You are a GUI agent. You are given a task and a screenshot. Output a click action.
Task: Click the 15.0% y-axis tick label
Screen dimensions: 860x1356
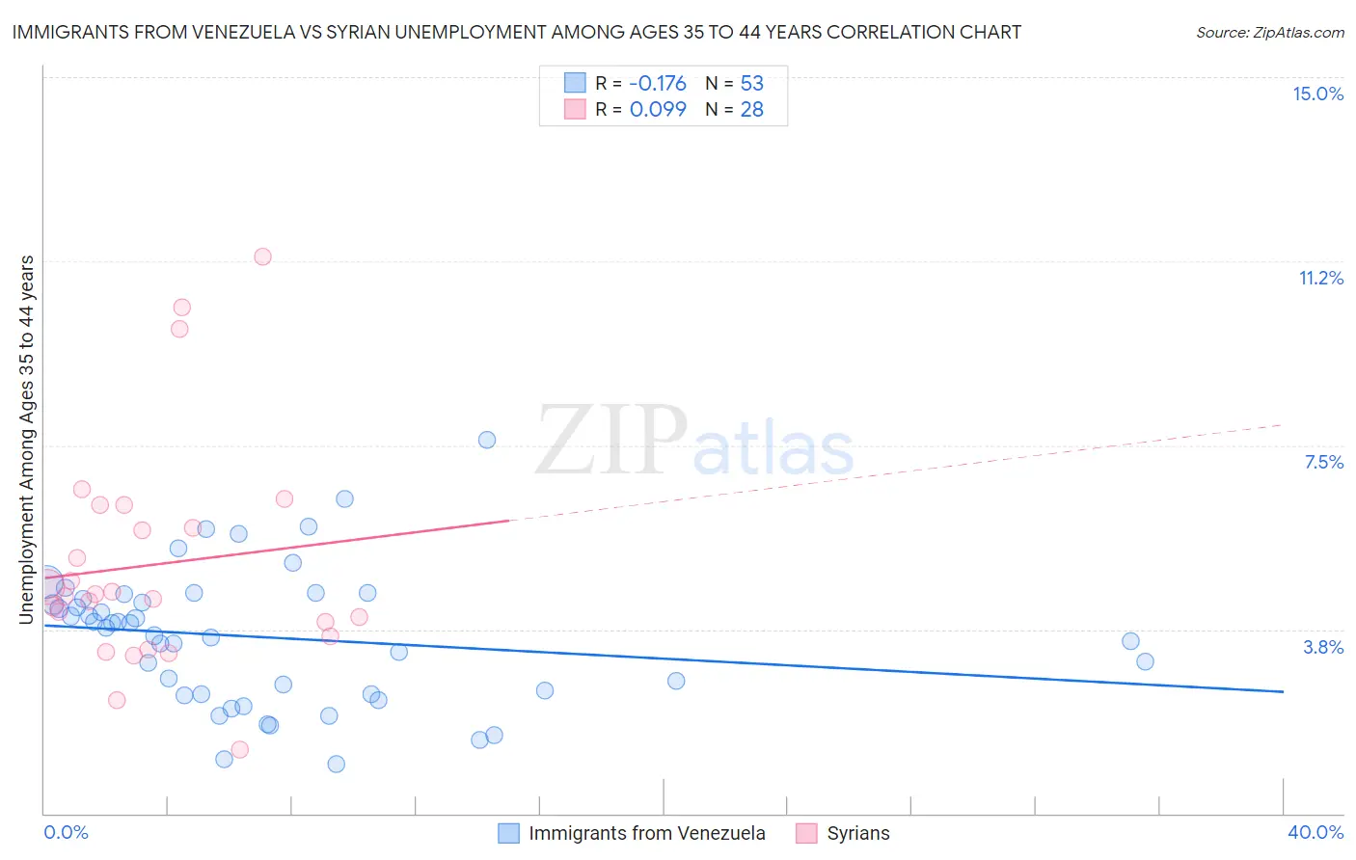(x=1317, y=94)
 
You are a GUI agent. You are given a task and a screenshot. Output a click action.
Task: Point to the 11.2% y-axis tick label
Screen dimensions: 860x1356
(x=1320, y=278)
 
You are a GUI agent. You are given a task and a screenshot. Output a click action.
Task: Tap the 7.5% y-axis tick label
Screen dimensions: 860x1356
(x=1323, y=462)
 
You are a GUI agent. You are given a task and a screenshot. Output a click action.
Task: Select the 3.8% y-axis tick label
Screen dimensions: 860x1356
(x=1323, y=647)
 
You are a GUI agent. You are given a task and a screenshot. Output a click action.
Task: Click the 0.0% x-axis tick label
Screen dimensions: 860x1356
(x=66, y=832)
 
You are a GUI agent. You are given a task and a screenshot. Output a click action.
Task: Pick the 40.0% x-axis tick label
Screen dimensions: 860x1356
(x=1315, y=832)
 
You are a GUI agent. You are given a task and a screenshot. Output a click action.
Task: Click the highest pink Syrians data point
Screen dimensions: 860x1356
(x=262, y=256)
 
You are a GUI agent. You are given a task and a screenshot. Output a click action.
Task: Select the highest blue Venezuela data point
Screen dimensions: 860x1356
(x=487, y=440)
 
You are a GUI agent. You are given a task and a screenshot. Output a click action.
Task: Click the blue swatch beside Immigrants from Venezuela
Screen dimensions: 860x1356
(x=508, y=833)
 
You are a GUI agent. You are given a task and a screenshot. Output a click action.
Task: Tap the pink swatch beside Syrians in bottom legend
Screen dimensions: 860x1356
(x=806, y=833)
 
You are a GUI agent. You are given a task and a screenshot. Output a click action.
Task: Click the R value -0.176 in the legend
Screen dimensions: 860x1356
(x=658, y=83)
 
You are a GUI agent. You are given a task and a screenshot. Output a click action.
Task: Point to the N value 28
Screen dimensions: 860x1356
(x=751, y=110)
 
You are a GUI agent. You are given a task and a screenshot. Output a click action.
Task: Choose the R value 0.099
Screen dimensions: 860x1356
(x=658, y=110)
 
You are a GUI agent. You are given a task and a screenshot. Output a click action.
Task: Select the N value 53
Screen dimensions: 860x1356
(x=751, y=83)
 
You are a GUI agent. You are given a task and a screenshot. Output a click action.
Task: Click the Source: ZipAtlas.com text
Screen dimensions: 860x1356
(x=1269, y=33)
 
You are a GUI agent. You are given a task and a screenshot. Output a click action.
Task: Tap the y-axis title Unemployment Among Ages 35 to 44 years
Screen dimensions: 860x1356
(x=26, y=439)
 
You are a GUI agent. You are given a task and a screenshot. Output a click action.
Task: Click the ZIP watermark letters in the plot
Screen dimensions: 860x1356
(x=611, y=442)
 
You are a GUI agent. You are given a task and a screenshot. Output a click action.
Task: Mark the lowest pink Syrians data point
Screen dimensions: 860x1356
(x=240, y=749)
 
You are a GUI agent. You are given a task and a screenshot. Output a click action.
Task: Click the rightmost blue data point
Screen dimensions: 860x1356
(x=1145, y=661)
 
